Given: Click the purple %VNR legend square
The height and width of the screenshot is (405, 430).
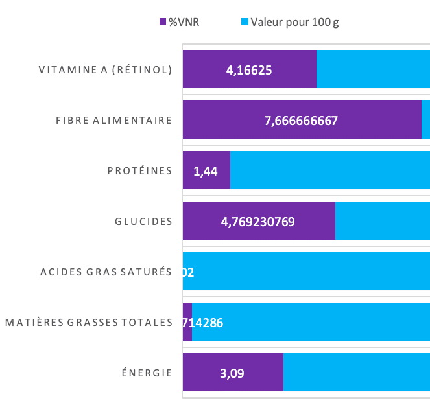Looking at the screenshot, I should (163, 22).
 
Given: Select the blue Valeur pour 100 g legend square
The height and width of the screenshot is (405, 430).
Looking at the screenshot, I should (245, 22).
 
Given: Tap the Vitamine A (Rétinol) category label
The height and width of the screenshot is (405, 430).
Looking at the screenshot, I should (105, 69).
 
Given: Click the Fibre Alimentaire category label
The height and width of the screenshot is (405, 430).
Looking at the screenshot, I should (113, 120).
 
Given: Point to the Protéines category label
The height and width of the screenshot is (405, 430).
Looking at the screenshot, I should (139, 170).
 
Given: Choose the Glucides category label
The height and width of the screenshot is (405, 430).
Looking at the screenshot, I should (143, 221).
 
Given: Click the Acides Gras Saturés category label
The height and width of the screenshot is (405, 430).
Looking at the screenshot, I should (106, 272).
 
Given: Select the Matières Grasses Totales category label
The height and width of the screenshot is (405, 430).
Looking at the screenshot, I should (89, 322).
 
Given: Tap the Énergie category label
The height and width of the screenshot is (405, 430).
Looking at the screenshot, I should (147, 373).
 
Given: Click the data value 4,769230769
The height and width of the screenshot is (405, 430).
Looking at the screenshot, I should (258, 221).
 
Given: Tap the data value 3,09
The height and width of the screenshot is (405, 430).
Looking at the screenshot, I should (232, 373).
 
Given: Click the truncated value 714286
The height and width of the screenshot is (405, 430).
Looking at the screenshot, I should (204, 322).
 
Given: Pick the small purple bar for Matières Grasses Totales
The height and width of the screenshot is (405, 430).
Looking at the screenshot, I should (187, 322).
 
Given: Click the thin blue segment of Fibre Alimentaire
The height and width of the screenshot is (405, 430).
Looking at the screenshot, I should (425, 120).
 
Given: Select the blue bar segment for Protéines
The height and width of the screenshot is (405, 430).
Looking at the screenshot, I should (329, 170).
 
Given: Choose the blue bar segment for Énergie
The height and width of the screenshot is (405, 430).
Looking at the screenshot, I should (356, 373).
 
